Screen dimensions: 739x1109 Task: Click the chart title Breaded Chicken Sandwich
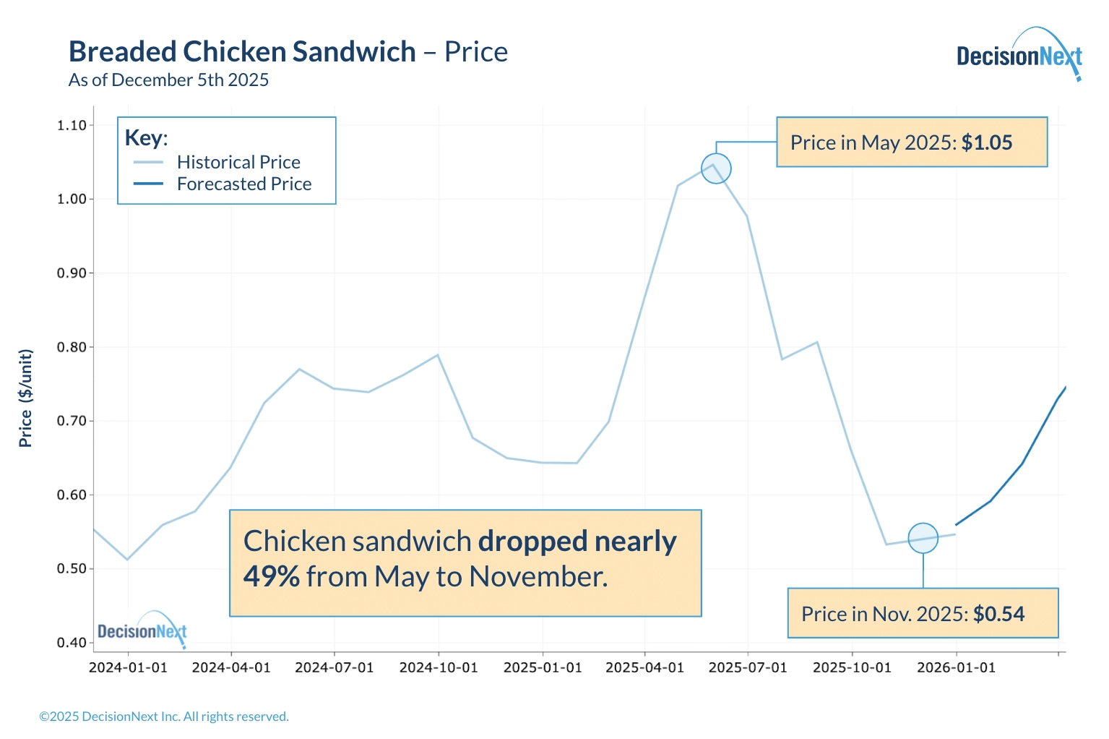(242, 52)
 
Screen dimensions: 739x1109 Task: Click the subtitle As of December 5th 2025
(168, 80)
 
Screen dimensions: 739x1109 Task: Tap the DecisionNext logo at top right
(1019, 56)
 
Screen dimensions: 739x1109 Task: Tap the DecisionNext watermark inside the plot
(142, 631)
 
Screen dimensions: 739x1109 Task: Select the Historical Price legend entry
(238, 162)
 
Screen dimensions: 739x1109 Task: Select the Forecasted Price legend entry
(244, 184)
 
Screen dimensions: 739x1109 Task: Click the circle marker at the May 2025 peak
(716, 168)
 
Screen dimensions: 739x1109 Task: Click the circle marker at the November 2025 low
(923, 538)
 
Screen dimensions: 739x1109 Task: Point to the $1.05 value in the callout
(987, 142)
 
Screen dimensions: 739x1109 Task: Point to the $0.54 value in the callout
(998, 614)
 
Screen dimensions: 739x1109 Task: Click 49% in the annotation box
(271, 576)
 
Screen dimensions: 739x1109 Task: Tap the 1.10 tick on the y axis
(72, 125)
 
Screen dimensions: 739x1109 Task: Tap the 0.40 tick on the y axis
(72, 643)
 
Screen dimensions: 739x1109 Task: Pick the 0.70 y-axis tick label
(72, 421)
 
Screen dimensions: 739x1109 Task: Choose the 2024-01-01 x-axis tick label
(128, 667)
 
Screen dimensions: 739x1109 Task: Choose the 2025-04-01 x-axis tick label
(644, 667)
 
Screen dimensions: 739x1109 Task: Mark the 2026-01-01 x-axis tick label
(956, 667)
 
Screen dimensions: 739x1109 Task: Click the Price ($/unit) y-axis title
(26, 398)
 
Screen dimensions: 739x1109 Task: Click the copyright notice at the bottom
(164, 717)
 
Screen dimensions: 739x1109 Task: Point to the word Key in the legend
(144, 137)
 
